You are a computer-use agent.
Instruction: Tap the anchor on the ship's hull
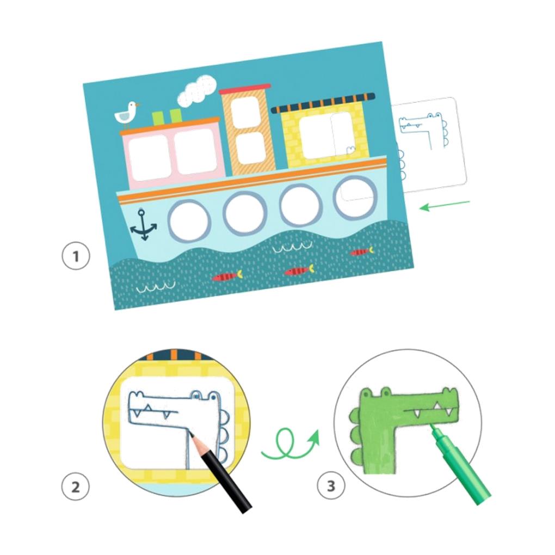click(143, 225)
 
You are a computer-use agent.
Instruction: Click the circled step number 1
click(76, 256)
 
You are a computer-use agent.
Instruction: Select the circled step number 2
click(76, 486)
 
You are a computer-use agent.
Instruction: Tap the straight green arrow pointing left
click(444, 205)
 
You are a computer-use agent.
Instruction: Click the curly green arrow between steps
click(289, 443)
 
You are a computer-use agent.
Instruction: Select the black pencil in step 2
click(220, 472)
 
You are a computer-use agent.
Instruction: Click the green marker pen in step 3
click(459, 464)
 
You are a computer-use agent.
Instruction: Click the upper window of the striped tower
click(246, 112)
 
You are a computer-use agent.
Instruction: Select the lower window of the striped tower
click(250, 148)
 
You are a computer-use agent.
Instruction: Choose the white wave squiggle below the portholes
click(292, 248)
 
